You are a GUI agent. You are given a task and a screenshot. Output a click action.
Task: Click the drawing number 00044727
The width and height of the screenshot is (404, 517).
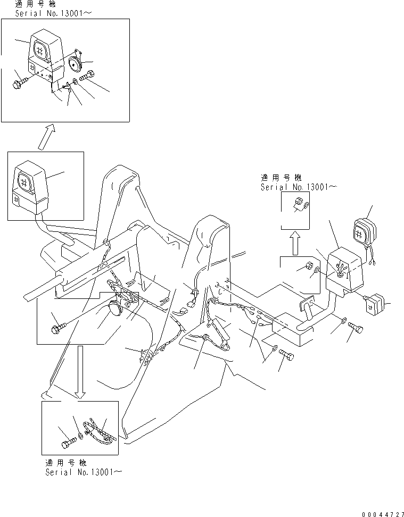click(x=383, y=514)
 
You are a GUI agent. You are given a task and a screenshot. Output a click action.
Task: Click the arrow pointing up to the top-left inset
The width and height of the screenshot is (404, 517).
click(x=47, y=137)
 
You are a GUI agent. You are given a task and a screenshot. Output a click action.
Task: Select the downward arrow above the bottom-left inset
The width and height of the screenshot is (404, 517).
click(x=80, y=372)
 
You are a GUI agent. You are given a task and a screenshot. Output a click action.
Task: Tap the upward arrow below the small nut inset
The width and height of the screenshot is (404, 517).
click(x=295, y=243)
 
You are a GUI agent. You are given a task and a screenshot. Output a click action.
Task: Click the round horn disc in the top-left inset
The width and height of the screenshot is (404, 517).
click(x=76, y=63)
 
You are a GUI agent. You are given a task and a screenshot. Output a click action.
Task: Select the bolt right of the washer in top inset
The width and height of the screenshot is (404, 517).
click(x=87, y=76)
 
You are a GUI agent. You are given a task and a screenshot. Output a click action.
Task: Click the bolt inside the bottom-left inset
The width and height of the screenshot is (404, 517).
click(x=69, y=442)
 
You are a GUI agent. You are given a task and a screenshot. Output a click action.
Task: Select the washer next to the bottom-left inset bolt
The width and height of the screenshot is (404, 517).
click(x=81, y=437)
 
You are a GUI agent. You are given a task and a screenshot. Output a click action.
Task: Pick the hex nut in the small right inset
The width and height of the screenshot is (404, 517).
click(x=299, y=201)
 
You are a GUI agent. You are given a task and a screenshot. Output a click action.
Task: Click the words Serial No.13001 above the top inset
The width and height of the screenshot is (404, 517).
click(x=53, y=13)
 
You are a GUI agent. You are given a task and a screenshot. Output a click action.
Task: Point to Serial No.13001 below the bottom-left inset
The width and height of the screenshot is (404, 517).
click(x=84, y=472)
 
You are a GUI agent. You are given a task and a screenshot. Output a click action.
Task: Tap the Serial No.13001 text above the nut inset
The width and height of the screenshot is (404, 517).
click(x=299, y=187)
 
